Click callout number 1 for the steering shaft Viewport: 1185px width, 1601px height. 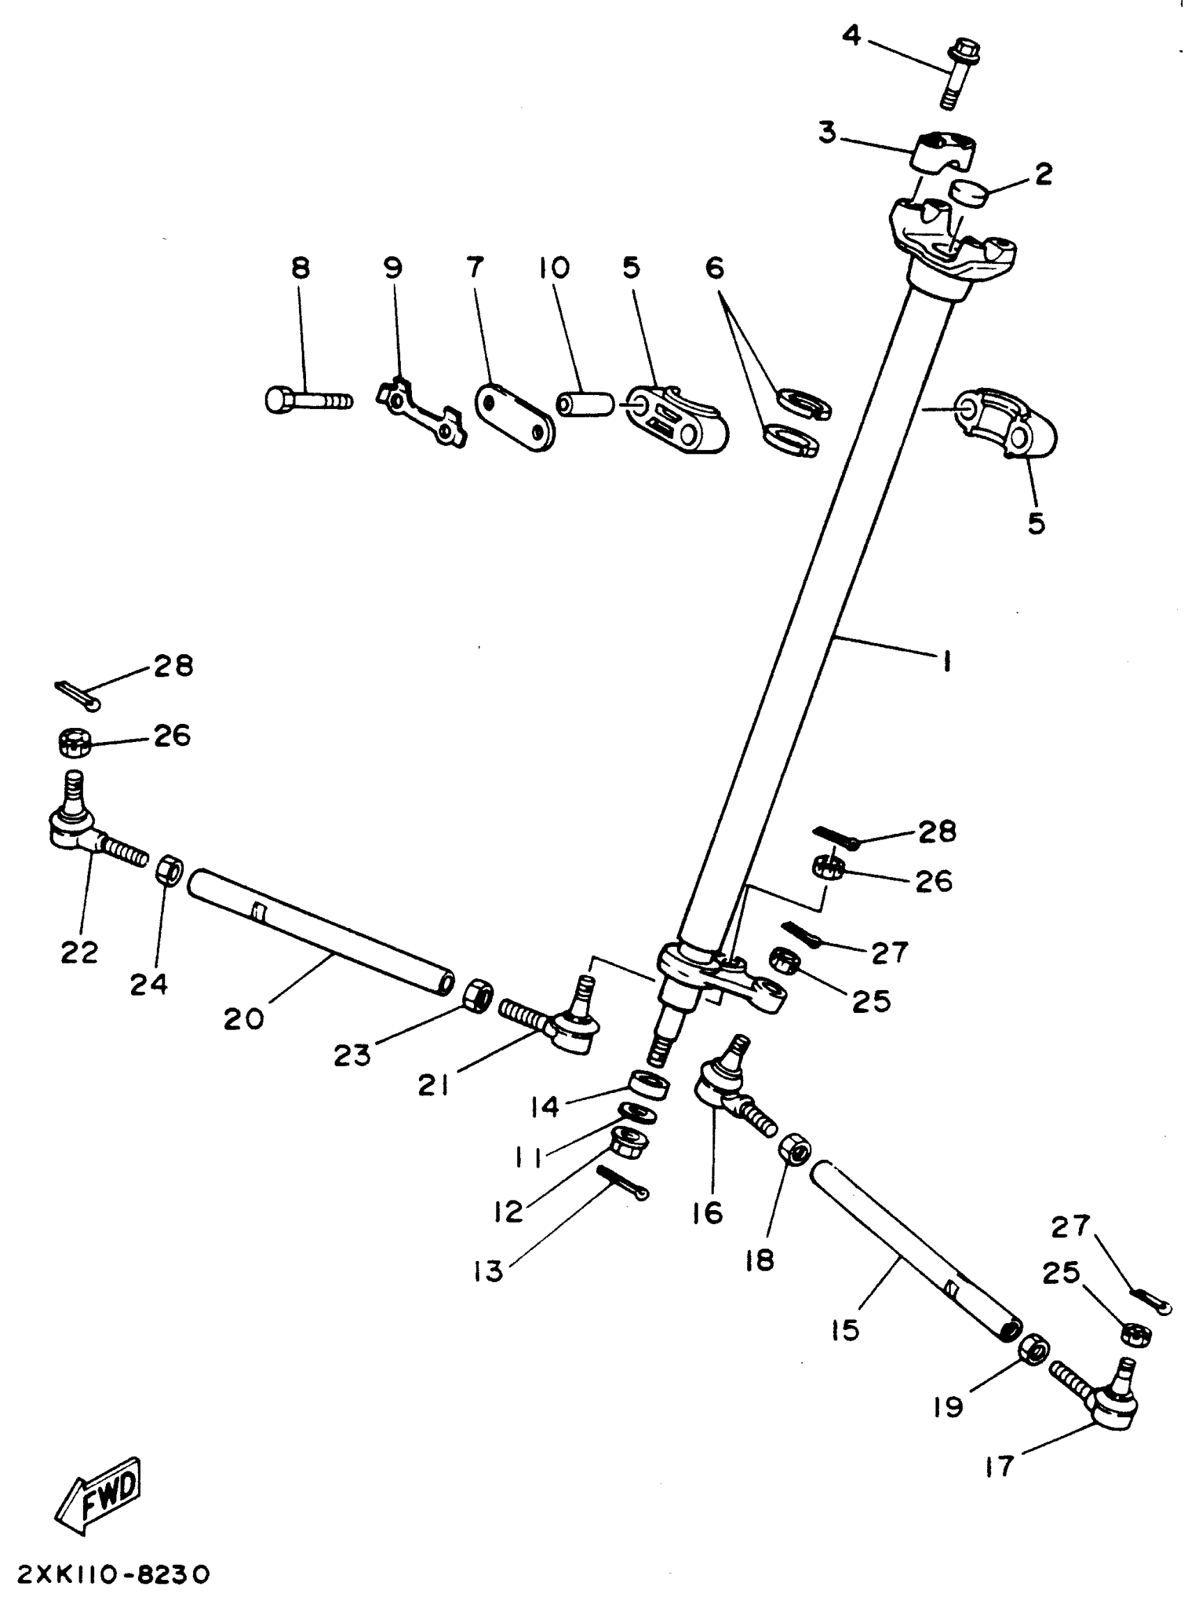tap(946, 660)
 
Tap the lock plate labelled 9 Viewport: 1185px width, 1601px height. tap(422, 413)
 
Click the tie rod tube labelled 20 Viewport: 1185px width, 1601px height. tap(320, 931)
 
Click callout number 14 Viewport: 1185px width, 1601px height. tap(545, 1107)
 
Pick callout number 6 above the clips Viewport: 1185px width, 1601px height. tap(714, 268)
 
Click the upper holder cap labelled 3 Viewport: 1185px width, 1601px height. tap(943, 150)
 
